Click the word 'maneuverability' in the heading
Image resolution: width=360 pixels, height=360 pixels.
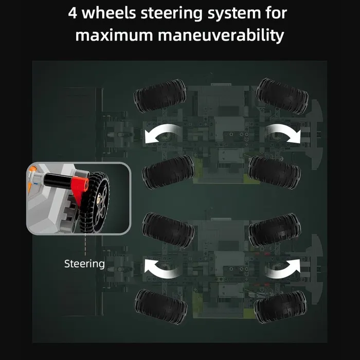(221, 35)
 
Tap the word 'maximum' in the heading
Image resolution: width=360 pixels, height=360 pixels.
(114, 35)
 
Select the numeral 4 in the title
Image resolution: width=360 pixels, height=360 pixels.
(73, 13)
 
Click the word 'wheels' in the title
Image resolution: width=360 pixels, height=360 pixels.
(109, 13)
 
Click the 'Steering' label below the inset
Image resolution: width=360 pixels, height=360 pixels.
(84, 264)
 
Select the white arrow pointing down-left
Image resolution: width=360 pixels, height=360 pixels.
(162, 134)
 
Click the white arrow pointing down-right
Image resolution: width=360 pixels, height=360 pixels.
(283, 134)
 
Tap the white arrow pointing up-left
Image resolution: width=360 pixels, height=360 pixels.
(162, 268)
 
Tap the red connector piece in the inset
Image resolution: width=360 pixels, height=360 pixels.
(79, 187)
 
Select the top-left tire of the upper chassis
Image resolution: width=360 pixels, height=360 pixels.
(160, 96)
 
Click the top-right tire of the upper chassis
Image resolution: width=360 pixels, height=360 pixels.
(282, 96)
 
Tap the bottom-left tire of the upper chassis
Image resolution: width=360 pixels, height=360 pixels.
(168, 172)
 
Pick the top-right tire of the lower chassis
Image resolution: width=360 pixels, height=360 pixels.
(275, 230)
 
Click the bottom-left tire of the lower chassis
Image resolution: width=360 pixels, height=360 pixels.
(160, 307)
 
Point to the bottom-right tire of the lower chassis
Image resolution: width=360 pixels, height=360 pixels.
(280, 307)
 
